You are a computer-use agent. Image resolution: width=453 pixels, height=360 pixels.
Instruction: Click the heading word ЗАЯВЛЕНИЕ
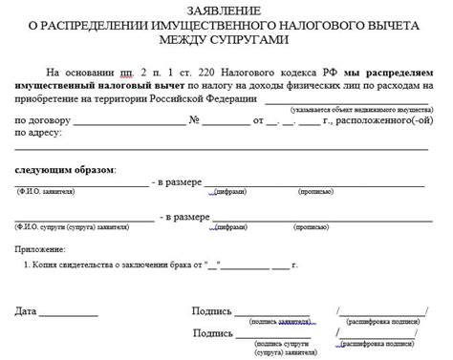point(226,9)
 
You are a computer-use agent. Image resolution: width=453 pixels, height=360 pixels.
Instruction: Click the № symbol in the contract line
point(194,121)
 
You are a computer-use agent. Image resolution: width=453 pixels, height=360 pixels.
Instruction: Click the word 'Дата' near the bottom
point(27,311)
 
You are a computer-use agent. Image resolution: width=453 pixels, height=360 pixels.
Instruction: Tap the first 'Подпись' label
point(212,311)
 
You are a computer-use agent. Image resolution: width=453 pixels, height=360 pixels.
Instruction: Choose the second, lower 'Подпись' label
point(212,333)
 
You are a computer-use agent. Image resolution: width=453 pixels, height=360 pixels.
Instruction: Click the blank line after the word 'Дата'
point(69,313)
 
